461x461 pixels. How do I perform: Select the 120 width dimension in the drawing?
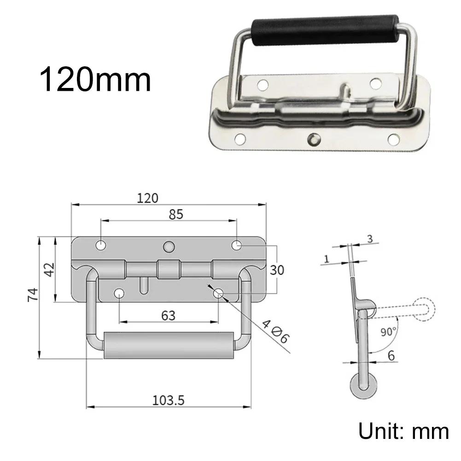coord(147,198)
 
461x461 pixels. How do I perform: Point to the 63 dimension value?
coord(168,315)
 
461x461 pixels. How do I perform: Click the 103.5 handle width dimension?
coord(168,400)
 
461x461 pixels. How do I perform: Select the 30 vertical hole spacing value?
coord(277,270)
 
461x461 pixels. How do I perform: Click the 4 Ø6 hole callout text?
coord(275,331)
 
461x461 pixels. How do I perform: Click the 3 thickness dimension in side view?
coord(369,238)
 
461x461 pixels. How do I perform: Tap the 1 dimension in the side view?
coord(326,259)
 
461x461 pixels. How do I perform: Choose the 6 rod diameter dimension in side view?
coord(391,356)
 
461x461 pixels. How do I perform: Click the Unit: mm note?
coord(403,432)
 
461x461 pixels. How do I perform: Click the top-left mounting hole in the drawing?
coord(101,245)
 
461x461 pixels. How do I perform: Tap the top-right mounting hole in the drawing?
coord(236,245)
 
